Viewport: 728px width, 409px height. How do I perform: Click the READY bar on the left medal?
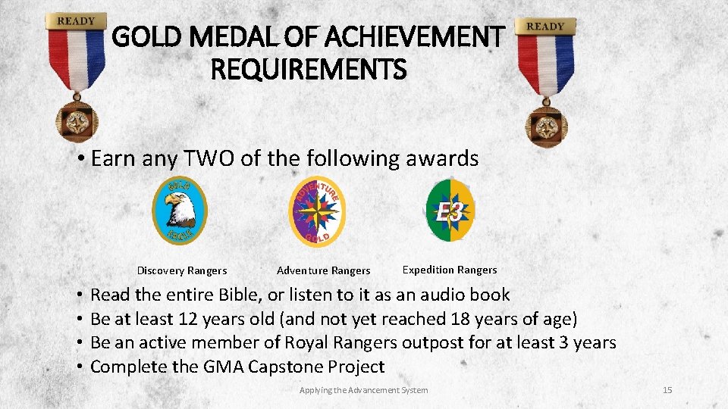pos(76,21)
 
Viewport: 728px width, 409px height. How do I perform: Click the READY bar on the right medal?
pos(545,26)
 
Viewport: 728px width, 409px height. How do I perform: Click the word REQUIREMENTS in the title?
pos(308,71)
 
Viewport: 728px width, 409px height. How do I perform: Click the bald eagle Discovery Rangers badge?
pos(180,210)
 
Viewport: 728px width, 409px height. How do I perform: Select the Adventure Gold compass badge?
pos(318,211)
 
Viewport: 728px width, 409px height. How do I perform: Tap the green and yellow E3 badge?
pos(450,211)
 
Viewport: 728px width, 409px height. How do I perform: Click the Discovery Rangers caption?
pos(181,270)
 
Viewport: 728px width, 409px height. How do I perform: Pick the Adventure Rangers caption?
pos(323,270)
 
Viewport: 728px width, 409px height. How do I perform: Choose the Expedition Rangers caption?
pos(450,270)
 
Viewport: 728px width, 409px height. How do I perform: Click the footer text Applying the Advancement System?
pos(363,390)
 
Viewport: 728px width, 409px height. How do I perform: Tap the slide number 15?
pos(667,390)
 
